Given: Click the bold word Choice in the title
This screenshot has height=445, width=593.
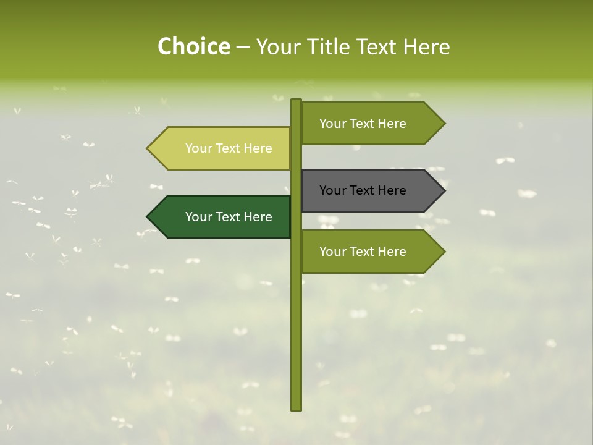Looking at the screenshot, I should pyautogui.click(x=193, y=46).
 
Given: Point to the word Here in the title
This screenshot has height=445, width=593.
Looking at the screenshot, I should pyautogui.click(x=426, y=46).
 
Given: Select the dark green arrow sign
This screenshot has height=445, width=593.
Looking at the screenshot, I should pyautogui.click(x=222, y=217).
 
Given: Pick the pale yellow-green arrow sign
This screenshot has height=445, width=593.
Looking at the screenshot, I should pyautogui.click(x=222, y=148).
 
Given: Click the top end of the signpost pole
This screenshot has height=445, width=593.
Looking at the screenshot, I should pyautogui.click(x=296, y=101).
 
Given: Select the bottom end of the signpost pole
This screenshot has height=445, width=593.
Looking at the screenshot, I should pyautogui.click(x=296, y=409).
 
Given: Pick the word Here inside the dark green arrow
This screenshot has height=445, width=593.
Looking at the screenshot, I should pyautogui.click(x=258, y=217).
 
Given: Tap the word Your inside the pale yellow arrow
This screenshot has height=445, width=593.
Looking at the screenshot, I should pyautogui.click(x=198, y=148).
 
